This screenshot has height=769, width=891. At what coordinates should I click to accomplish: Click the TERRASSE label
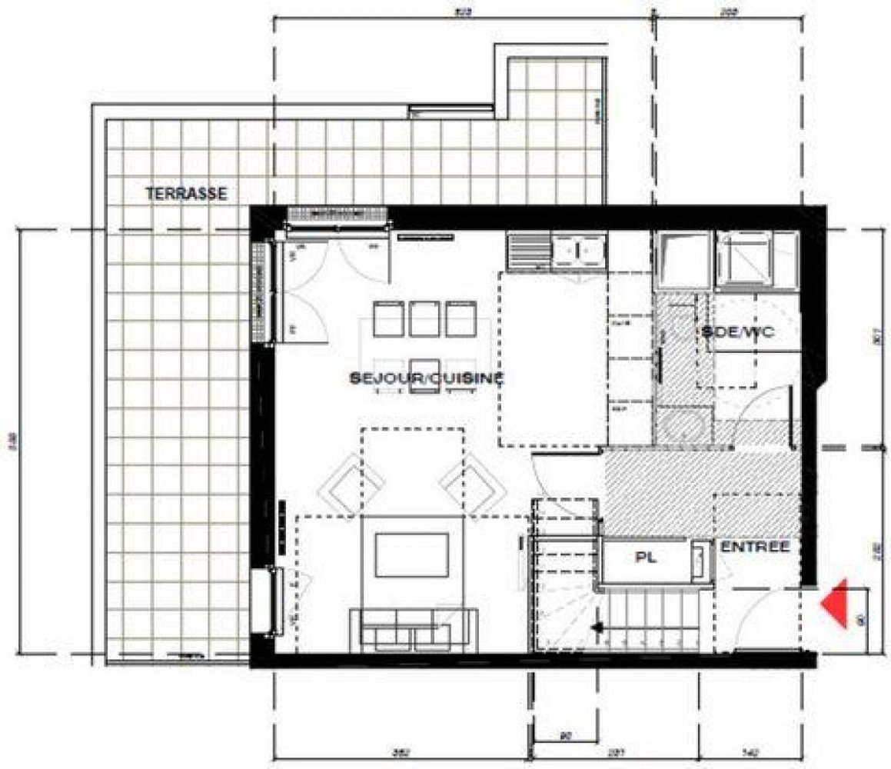(186, 194)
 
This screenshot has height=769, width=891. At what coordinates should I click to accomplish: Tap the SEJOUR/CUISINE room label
(427, 378)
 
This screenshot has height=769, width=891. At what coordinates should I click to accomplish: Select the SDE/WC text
(736, 332)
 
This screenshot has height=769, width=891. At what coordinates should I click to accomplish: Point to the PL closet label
(645, 559)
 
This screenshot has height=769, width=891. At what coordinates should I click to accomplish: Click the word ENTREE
(755, 547)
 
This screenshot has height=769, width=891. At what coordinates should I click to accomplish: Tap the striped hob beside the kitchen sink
(527, 251)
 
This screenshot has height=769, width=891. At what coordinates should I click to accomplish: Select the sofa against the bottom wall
(413, 629)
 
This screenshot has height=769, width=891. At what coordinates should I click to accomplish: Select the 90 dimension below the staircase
(565, 737)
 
